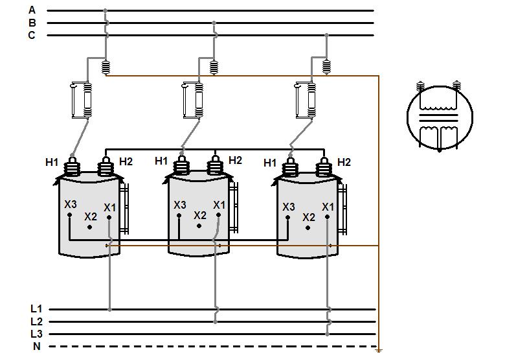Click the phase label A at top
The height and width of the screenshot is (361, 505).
point(32,10)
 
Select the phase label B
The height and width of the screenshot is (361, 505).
point(32,23)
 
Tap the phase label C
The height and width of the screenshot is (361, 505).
point(32,35)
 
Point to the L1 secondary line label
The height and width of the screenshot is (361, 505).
point(36,310)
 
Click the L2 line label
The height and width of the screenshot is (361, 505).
point(36,321)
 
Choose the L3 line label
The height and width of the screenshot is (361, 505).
point(36,334)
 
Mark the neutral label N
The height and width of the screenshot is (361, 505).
point(36,346)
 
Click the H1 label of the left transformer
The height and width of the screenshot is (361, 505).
point(51,161)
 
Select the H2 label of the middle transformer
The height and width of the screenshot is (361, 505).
point(235,160)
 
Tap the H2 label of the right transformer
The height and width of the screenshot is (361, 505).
point(344,162)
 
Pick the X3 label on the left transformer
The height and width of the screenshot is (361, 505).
point(71,204)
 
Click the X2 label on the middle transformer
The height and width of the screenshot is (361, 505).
point(199,215)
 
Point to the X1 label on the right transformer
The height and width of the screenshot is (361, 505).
point(328,207)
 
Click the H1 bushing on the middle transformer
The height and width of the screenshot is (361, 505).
point(183,167)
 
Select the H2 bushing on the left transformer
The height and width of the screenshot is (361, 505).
point(106,167)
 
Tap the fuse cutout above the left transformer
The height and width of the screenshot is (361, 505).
point(82,100)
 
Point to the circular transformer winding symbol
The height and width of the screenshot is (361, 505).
point(439,117)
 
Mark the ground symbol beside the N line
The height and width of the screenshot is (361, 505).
point(379,350)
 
